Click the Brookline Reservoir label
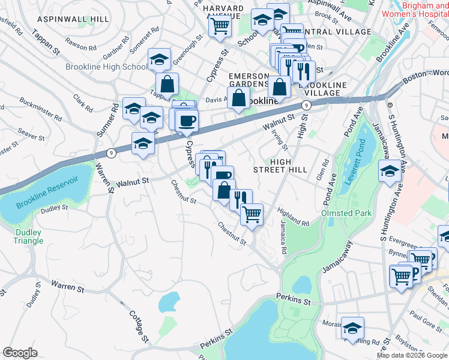tap(47, 193)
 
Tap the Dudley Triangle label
tap(28, 236)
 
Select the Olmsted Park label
tap(346, 213)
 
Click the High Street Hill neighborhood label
tap(288, 166)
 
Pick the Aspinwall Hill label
tap(73, 19)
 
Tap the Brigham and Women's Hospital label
tap(426, 9)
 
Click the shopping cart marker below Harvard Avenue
tap(220, 25)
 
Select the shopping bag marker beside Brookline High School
tap(167, 83)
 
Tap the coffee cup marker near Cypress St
tap(187, 119)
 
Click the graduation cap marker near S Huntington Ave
tap(390, 172)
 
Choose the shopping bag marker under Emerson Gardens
tap(238, 97)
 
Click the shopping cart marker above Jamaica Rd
tap(252, 213)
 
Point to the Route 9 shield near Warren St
tap(111, 153)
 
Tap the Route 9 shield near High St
tap(306, 106)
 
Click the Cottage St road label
tap(137, 324)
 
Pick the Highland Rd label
tap(293, 217)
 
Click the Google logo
tap(20, 353)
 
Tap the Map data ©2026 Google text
tap(411, 355)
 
